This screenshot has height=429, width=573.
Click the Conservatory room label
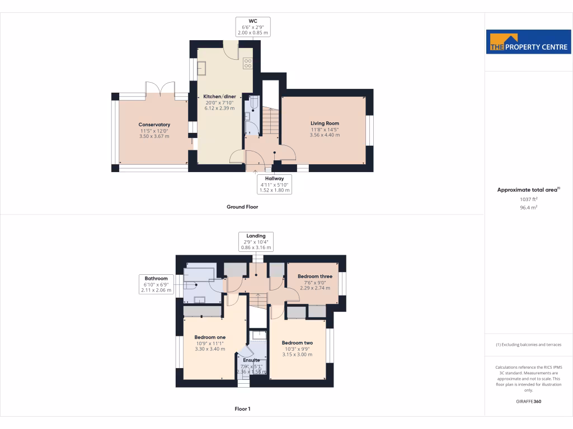coord(154,125)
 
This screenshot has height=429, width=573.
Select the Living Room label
coord(325,123)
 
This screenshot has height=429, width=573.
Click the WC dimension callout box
coord(252,26)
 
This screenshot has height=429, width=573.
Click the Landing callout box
coord(256,241)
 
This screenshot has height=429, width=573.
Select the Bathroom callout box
coord(156,284)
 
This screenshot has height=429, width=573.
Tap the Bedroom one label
coord(210,337)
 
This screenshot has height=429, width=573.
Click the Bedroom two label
coord(297,343)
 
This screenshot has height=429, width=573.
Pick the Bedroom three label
coord(314,277)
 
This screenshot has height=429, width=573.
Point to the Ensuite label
coord(251,360)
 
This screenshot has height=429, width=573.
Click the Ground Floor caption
coord(242,207)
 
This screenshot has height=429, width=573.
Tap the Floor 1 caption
coord(242,409)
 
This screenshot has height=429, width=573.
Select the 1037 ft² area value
coord(528,199)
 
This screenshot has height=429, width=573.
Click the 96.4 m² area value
coord(528,207)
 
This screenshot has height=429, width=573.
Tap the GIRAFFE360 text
coord(528,401)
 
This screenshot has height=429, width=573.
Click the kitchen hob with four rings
coord(247,63)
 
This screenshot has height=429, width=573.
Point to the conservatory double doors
coord(161,89)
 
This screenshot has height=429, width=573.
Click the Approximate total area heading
coord(528,190)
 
